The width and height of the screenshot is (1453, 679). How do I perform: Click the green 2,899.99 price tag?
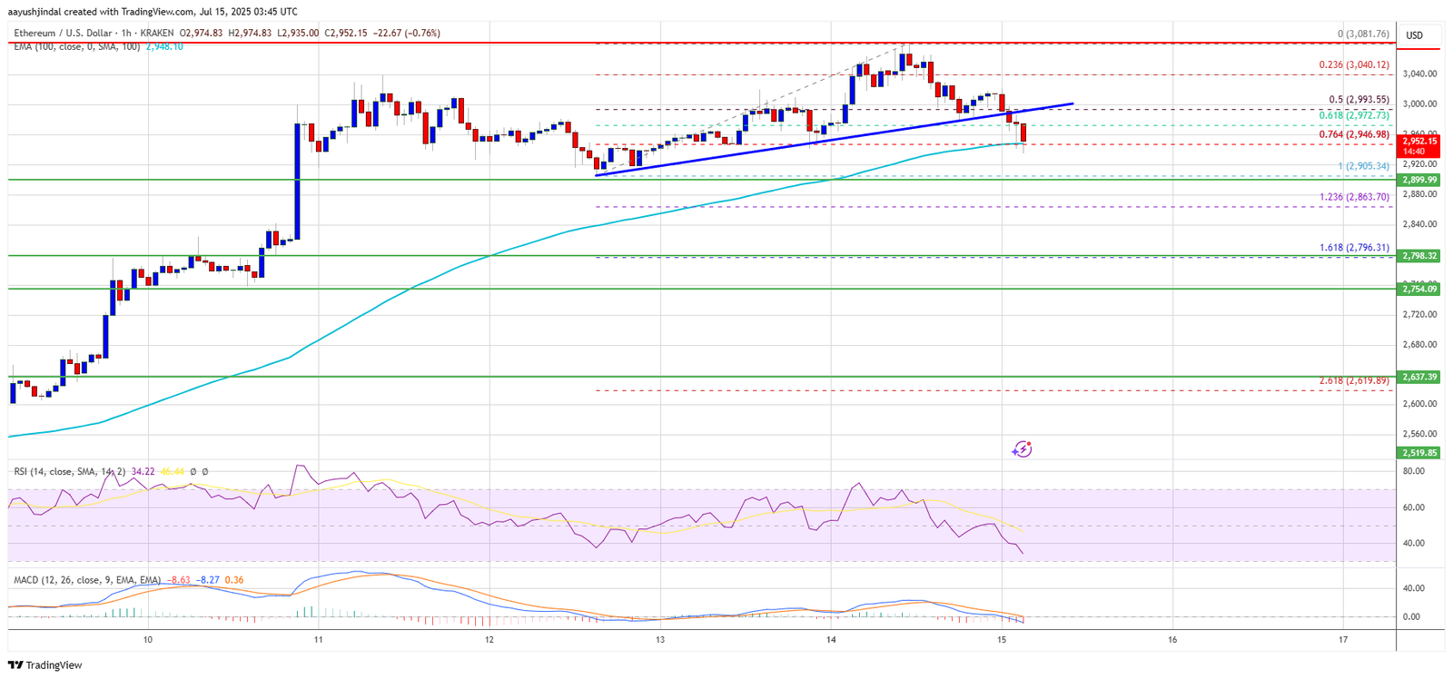(1420, 180)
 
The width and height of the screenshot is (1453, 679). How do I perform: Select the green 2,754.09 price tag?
(1420, 289)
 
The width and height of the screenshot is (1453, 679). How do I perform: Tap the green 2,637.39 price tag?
(1420, 377)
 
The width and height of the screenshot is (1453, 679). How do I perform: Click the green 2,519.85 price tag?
(1420, 452)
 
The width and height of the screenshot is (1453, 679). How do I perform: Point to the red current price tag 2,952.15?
(1420, 141)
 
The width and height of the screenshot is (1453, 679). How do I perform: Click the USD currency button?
(1415, 35)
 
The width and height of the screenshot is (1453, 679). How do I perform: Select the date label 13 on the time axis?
(660, 640)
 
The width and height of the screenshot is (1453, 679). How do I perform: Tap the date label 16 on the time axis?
(1172, 640)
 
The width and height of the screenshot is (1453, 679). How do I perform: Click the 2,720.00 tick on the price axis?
(1418, 314)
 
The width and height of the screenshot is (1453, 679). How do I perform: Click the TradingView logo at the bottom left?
(44, 665)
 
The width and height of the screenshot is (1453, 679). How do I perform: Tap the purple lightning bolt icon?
(1023, 448)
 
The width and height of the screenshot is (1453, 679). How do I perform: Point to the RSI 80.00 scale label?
(1413, 471)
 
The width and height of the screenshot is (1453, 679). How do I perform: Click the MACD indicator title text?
(87, 580)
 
